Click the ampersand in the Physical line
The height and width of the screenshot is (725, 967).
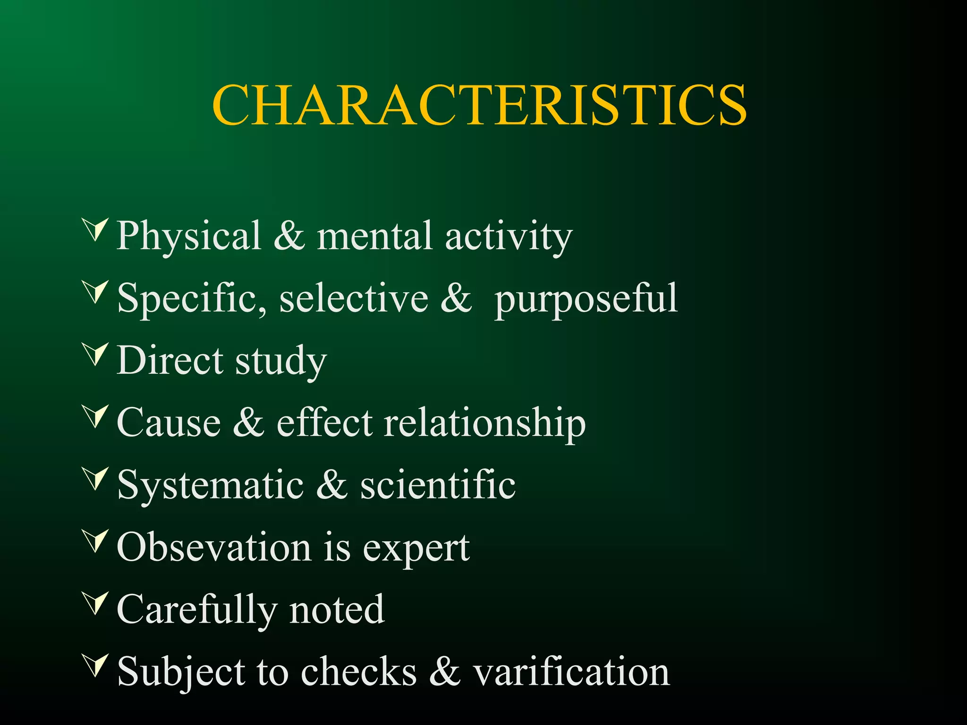click(x=289, y=236)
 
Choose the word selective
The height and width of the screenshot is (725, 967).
click(x=354, y=298)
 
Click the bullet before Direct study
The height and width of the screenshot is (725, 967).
click(x=96, y=354)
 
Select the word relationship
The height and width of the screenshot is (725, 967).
click(x=485, y=423)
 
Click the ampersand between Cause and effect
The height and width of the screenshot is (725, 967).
click(x=248, y=422)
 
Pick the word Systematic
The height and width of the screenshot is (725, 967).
click(x=211, y=486)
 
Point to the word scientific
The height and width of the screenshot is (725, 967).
click(x=438, y=485)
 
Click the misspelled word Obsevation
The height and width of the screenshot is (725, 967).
click(x=214, y=548)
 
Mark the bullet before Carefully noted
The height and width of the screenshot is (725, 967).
click(x=96, y=604)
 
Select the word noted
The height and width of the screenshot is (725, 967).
click(x=337, y=610)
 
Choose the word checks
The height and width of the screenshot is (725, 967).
click(x=359, y=672)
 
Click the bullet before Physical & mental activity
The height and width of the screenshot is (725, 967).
click(x=96, y=230)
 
